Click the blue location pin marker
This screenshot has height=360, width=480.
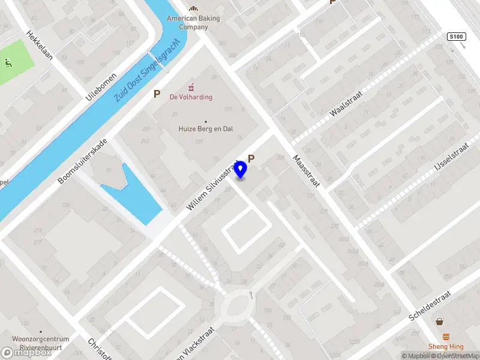pyautogui.click(x=240, y=170)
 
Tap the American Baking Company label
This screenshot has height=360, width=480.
pyautogui.click(x=193, y=22)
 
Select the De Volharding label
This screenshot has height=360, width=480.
pyautogui.click(x=191, y=97)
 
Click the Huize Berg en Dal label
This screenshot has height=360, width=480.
pyautogui.click(x=206, y=128)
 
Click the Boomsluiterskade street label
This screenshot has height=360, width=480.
pyautogui.click(x=83, y=161)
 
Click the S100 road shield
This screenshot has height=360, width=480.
pyautogui.click(x=457, y=37)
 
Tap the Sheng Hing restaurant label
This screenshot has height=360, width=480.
pyautogui.click(x=445, y=346)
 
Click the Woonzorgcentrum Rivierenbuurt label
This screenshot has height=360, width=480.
pyautogui.click(x=41, y=343)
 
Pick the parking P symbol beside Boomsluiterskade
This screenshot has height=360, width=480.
pyautogui.click(x=157, y=94)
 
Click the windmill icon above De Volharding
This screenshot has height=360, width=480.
pyautogui.click(x=191, y=86)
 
